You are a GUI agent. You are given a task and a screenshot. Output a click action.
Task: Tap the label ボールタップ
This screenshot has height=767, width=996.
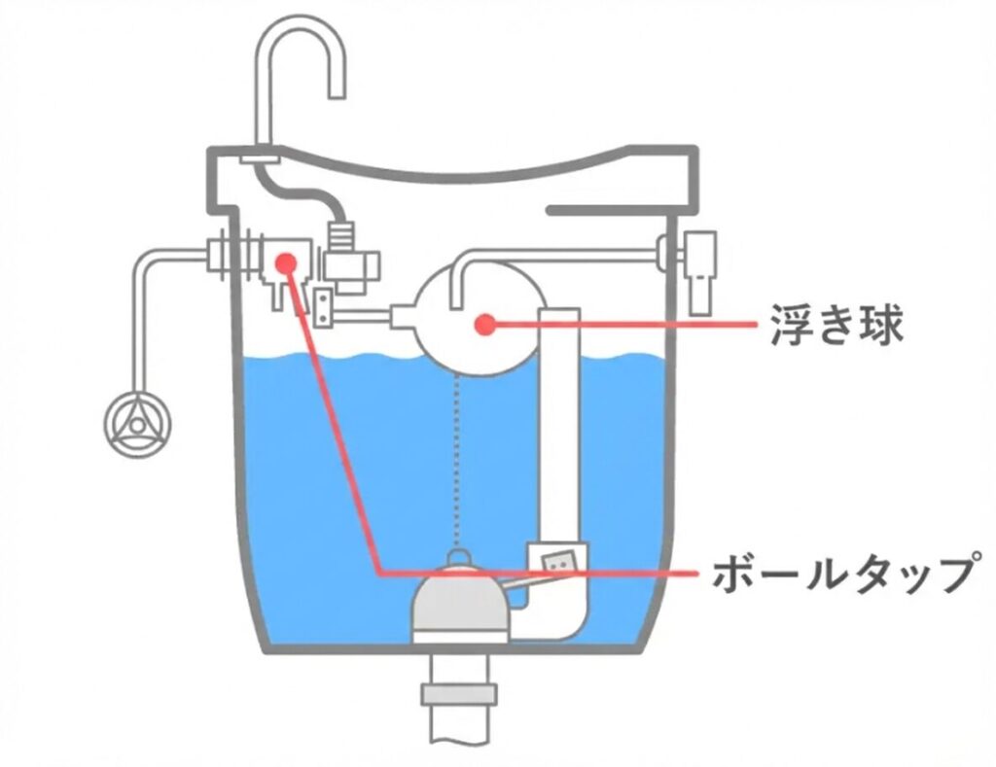tap(841, 575)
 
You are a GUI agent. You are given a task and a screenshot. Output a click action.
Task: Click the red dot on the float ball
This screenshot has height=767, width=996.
tap(481, 325)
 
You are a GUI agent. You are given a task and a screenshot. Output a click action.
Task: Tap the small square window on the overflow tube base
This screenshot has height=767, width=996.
tap(557, 562)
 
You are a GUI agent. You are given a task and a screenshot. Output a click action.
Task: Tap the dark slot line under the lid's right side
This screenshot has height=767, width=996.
tap(607, 209)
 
